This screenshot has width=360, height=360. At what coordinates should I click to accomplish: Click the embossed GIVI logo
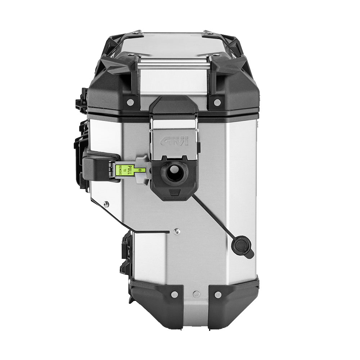tap(174, 141)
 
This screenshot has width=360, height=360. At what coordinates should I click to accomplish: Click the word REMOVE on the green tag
tap(121, 170)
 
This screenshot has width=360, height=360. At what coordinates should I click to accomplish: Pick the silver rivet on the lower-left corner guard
tap(174, 294)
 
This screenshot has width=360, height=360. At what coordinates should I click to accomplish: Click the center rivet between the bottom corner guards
tap(196, 294)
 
